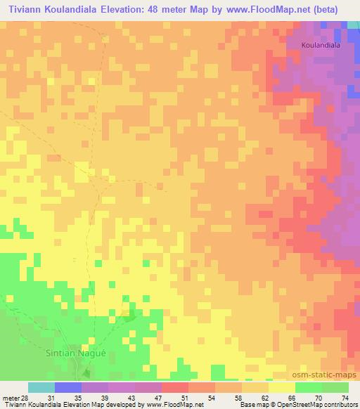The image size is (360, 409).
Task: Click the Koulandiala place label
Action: [321, 45]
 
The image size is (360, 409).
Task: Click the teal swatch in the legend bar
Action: [41, 387]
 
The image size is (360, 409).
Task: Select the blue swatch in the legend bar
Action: [68, 387]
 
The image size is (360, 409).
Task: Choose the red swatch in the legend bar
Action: [175, 387]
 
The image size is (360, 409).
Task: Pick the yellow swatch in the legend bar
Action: [282, 387]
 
